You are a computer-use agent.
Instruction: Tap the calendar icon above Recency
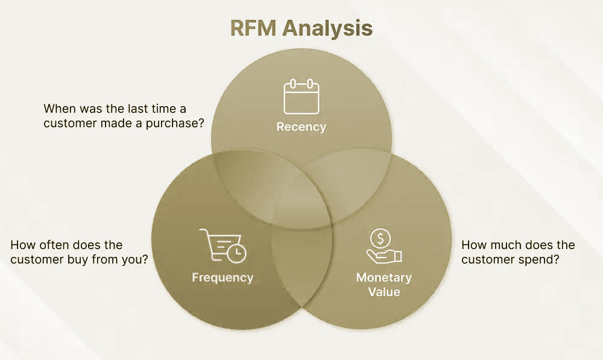coord(301,97)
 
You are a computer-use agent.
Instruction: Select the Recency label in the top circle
coord(301,127)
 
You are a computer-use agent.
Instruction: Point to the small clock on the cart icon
coord(238,253)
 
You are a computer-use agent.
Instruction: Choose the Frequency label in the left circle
coord(223,278)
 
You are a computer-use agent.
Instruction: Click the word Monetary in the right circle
coord(384,278)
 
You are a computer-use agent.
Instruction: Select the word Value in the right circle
coord(384,292)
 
